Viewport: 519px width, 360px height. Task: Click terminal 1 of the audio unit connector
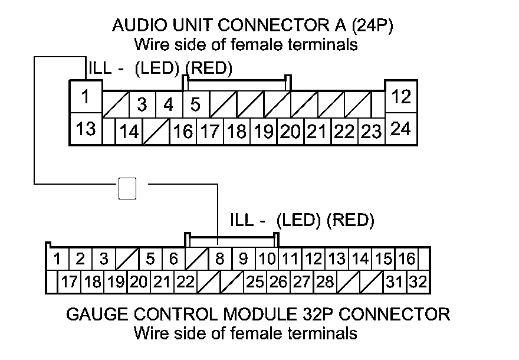click(86, 96)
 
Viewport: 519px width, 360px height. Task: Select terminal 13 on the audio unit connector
click(86, 128)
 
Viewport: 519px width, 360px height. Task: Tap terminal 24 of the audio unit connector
click(401, 128)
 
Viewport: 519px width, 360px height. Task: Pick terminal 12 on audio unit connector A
click(401, 96)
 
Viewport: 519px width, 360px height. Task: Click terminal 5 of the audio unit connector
click(196, 105)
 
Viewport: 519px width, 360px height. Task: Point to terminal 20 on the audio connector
click(291, 132)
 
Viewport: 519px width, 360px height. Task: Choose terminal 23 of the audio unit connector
click(372, 132)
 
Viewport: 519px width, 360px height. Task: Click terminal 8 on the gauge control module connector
click(219, 258)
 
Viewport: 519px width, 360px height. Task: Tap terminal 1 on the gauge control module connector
click(58, 258)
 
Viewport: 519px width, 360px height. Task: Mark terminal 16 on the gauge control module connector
click(406, 258)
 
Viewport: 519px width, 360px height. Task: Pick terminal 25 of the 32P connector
click(255, 282)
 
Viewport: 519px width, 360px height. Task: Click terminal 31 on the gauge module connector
click(395, 282)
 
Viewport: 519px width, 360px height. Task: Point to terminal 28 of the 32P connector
click(324, 282)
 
